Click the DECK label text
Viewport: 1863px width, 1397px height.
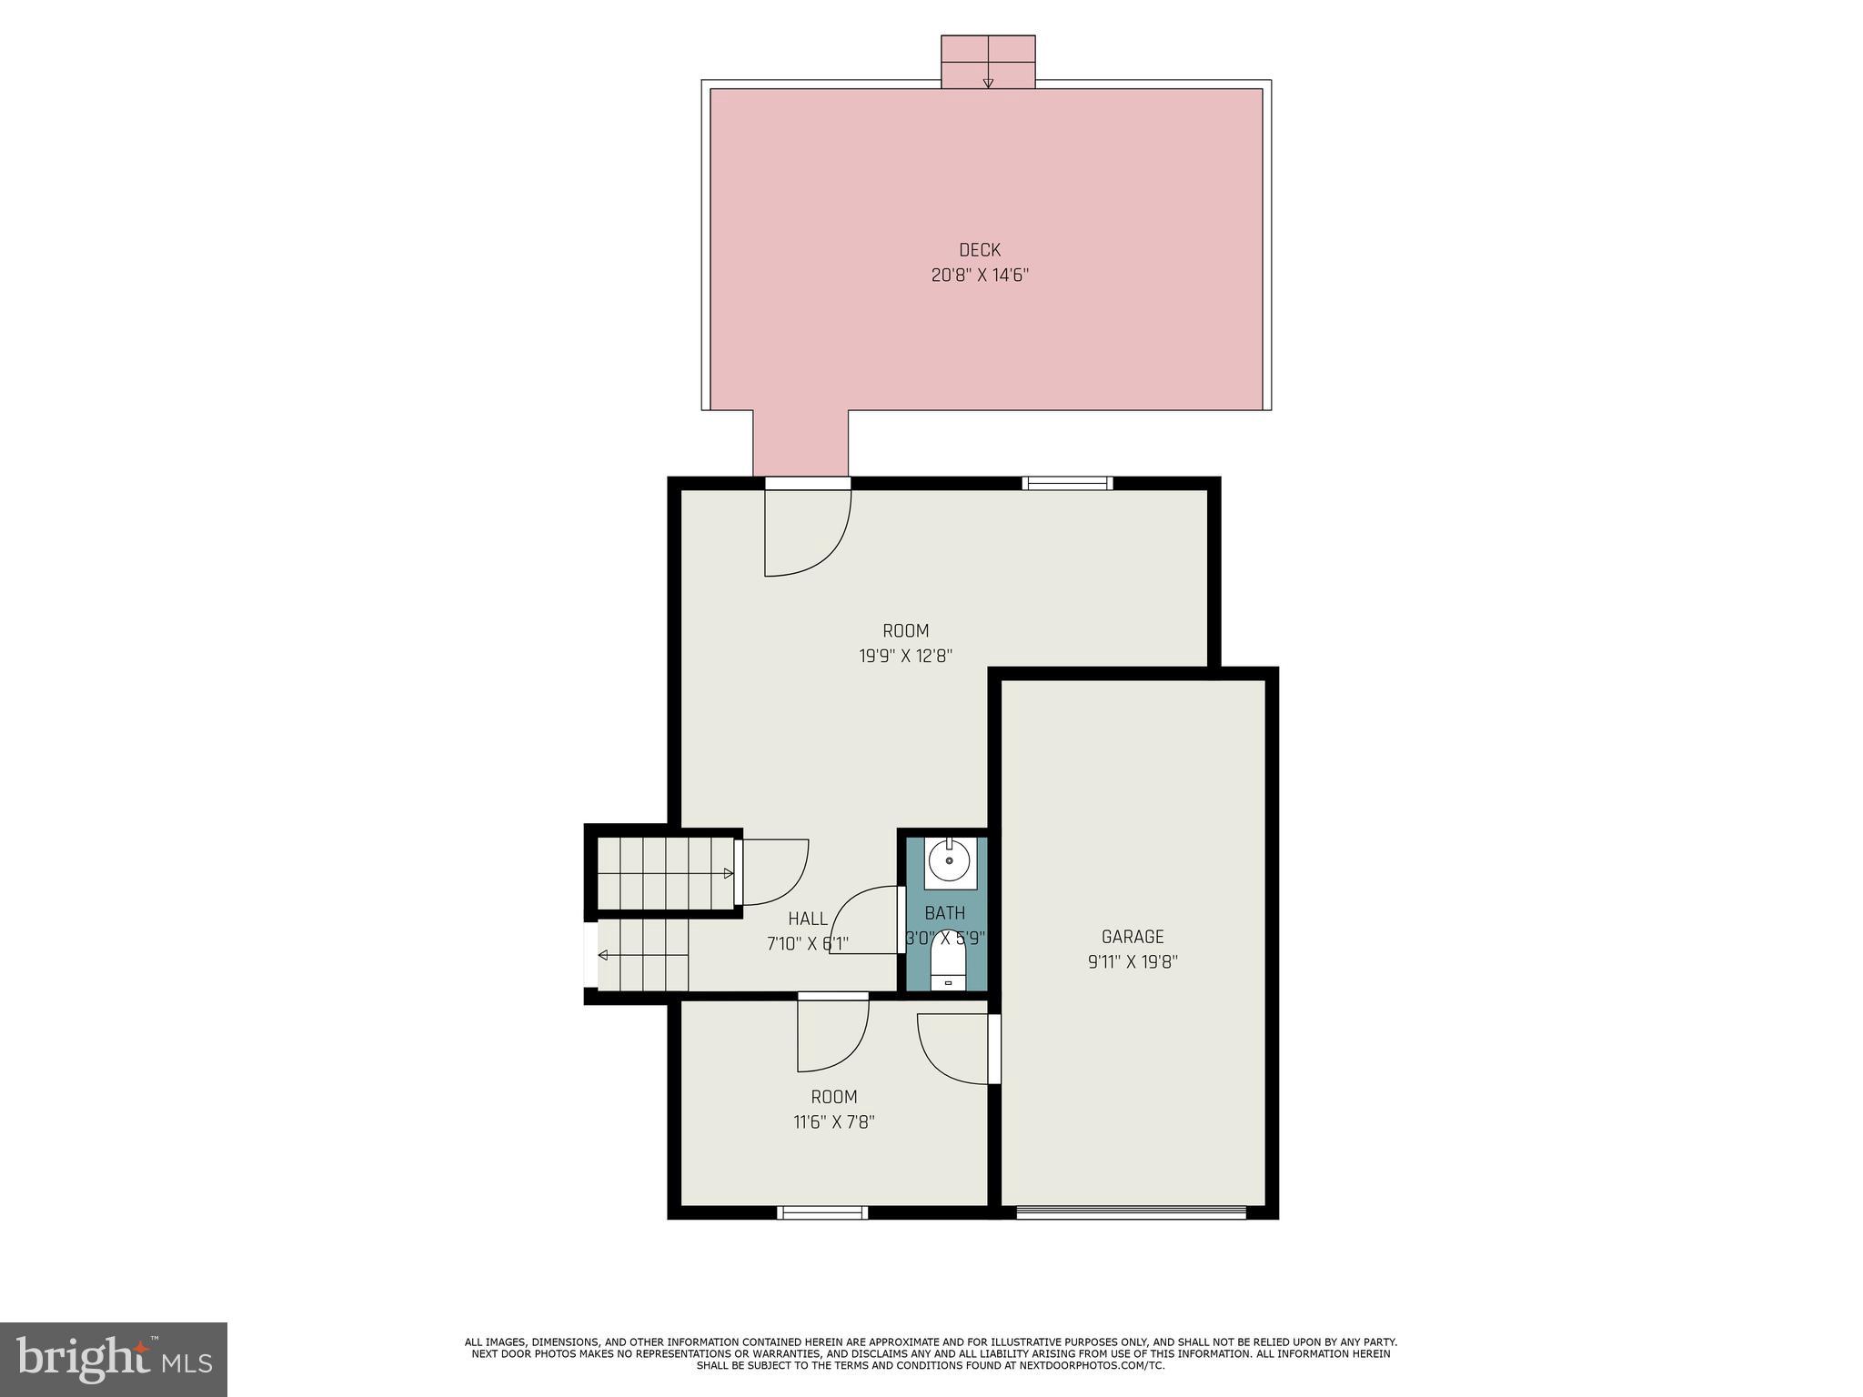[979, 250]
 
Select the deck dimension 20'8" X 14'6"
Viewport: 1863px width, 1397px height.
[979, 275]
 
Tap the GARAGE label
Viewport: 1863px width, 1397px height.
[1132, 937]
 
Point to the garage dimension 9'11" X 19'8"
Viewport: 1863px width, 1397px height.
[1132, 962]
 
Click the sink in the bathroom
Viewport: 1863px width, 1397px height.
[949, 860]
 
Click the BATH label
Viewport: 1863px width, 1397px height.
[944, 913]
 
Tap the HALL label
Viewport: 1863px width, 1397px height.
[808, 919]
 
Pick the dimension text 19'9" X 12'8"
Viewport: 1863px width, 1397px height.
[905, 656]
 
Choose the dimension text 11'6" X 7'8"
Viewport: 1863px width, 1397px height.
[833, 1122]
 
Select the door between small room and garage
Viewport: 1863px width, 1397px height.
[955, 1048]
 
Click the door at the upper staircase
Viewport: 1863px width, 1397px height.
[773, 871]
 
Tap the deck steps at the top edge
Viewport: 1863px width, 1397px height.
[987, 62]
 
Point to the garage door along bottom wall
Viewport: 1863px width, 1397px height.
[1131, 1211]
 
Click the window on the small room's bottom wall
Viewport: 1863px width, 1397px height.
[822, 1212]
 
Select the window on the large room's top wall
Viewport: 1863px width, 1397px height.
[1067, 484]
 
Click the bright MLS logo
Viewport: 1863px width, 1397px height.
[113, 1360]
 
